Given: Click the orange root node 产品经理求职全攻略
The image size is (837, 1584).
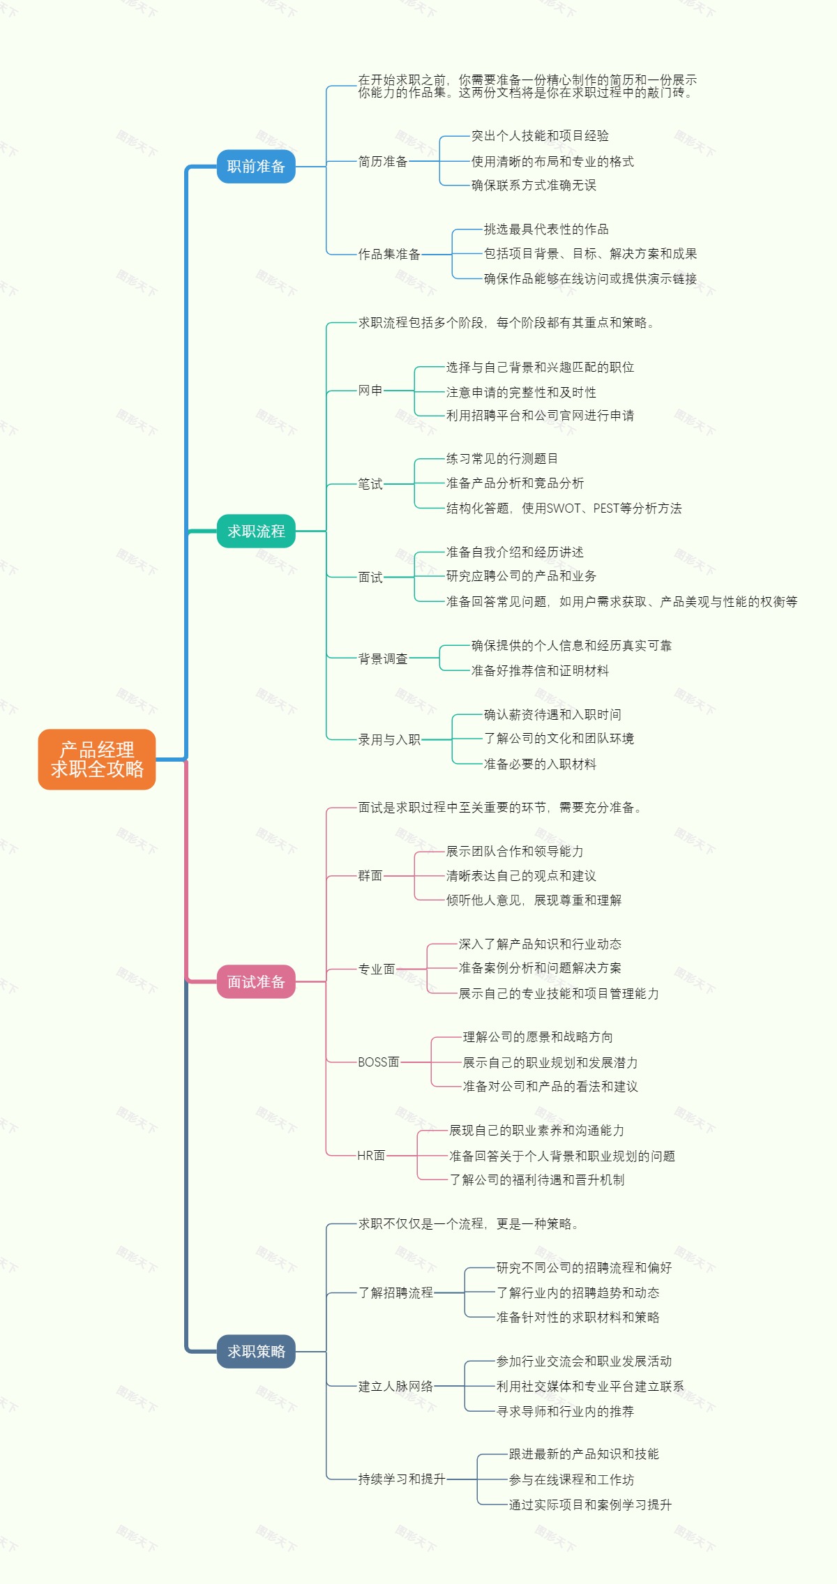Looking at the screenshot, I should pos(97,760).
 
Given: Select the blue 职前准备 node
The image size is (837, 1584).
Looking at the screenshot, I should pos(256,167).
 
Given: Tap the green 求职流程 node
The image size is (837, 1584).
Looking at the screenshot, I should pos(256,531).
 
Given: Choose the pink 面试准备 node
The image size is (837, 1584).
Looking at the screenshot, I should pos(256,982).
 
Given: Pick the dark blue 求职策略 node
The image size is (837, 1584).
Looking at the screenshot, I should pos(256,1352).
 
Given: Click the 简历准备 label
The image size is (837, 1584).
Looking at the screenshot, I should pos(382,162).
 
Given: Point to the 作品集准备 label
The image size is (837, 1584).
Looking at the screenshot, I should pos(389,255).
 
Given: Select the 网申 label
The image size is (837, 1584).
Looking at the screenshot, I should pos(370,391).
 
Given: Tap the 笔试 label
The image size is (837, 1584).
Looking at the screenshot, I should pos(370,484).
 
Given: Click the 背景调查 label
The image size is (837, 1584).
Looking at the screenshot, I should pos(382,659).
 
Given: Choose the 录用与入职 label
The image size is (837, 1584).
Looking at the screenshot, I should pos(389,740).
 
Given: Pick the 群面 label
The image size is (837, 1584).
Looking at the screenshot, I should pos(370,876).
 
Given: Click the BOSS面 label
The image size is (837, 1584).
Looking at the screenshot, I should pos(378,1062).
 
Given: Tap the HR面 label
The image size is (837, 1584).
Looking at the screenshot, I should pos(371,1156).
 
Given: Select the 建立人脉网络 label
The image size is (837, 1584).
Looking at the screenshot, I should pos(395,1387).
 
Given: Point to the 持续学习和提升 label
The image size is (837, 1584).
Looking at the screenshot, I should pos(402,1479).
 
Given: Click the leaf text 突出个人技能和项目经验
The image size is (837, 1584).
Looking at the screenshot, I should pos(540,136).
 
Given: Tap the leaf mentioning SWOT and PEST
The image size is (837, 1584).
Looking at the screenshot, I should pos(564,508).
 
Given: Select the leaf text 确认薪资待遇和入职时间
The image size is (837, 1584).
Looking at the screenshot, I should pos(552,715).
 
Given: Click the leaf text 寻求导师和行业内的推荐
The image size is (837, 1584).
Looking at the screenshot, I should pos(565,1412).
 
